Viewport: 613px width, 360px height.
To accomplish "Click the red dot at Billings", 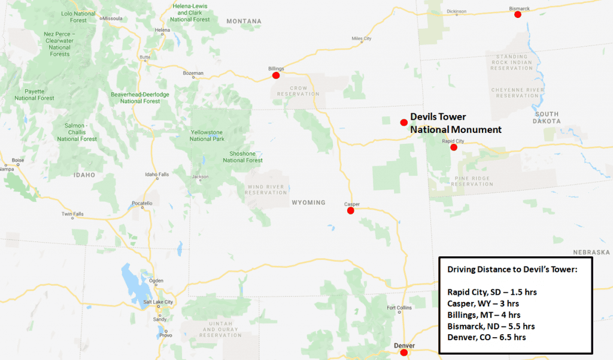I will click(276, 75).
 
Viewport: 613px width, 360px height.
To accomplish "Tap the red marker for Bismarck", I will click(518, 14).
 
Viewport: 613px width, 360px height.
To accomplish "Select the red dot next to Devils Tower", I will click(404, 122).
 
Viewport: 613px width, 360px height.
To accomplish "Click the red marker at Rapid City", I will click(454, 147).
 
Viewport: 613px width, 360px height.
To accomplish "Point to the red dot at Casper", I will click(351, 210).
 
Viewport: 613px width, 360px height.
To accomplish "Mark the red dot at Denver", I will click(404, 352).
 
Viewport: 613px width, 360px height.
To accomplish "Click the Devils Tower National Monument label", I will click(455, 123).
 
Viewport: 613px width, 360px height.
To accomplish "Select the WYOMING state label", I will click(308, 202).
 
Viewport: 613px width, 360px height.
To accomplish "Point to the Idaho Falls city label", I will click(157, 174).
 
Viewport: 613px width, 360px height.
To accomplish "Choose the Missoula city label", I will click(112, 19).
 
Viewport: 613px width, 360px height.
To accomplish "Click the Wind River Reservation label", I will click(266, 189).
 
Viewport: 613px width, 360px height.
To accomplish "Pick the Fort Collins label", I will click(399, 308).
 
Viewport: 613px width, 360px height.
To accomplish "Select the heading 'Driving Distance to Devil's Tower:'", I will click(512, 270).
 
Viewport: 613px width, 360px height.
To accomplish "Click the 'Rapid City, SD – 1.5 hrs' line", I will click(495, 292).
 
